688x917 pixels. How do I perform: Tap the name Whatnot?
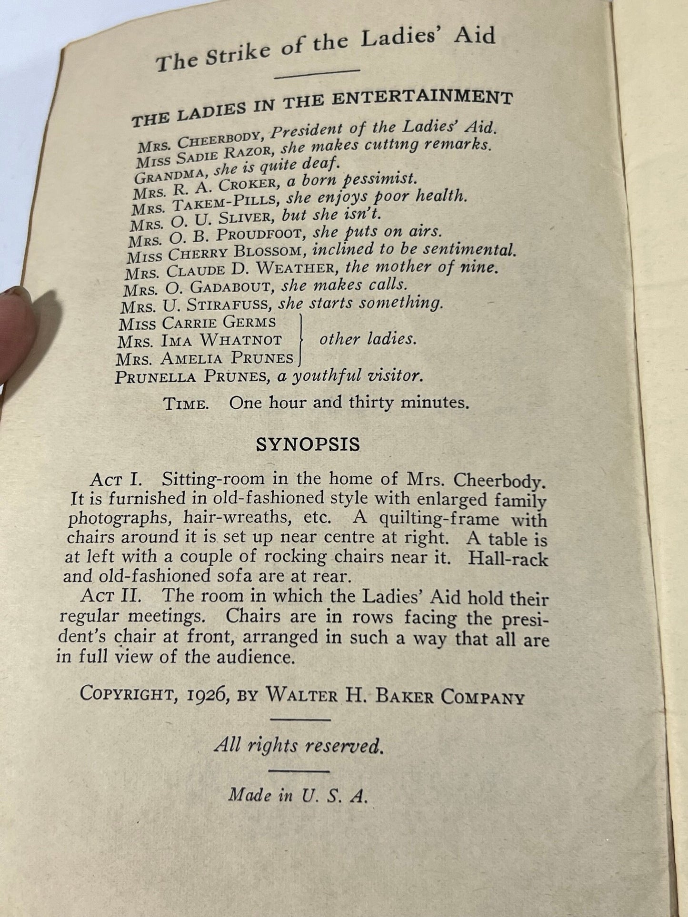pyautogui.click(x=241, y=340)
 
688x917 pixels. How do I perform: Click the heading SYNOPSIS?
pyautogui.click(x=308, y=444)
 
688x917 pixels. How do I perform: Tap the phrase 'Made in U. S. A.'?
pyautogui.click(x=298, y=795)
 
